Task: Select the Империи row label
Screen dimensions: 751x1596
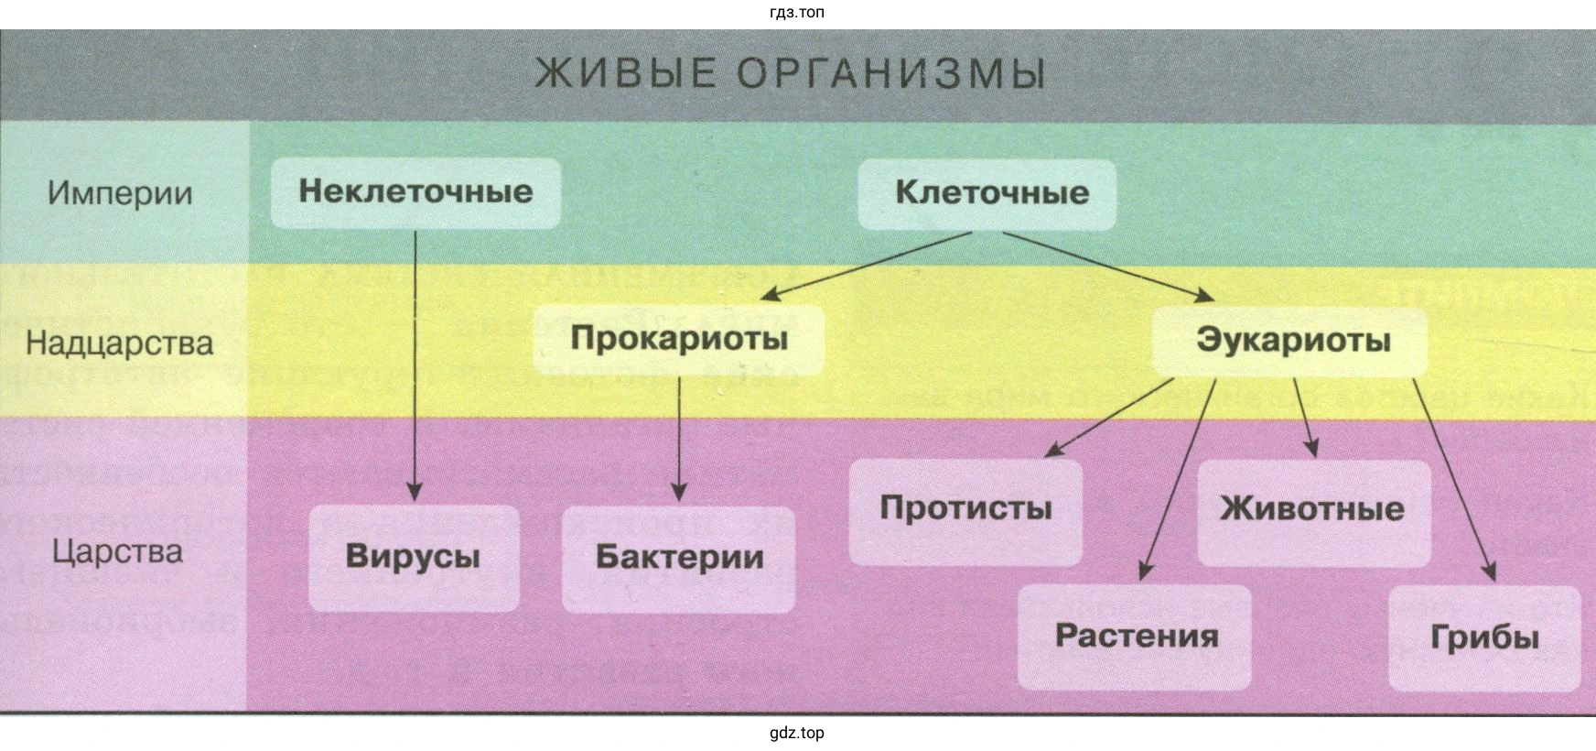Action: (x=120, y=193)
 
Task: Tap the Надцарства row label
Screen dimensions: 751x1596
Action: (x=119, y=343)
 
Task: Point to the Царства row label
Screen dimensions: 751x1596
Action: (x=118, y=552)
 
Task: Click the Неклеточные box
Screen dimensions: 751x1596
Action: (x=415, y=192)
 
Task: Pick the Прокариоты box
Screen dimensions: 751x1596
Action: (x=679, y=339)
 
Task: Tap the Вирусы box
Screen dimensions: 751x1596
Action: (x=413, y=557)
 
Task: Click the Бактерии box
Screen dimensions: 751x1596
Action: (x=679, y=557)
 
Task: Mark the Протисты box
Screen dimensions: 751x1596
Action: (x=965, y=508)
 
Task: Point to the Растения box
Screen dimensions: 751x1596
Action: (x=1136, y=637)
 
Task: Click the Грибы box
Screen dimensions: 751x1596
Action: (x=1483, y=637)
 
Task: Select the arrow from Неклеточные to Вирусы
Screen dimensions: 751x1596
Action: (x=415, y=366)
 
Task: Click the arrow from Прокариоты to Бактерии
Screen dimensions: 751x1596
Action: (x=679, y=440)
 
